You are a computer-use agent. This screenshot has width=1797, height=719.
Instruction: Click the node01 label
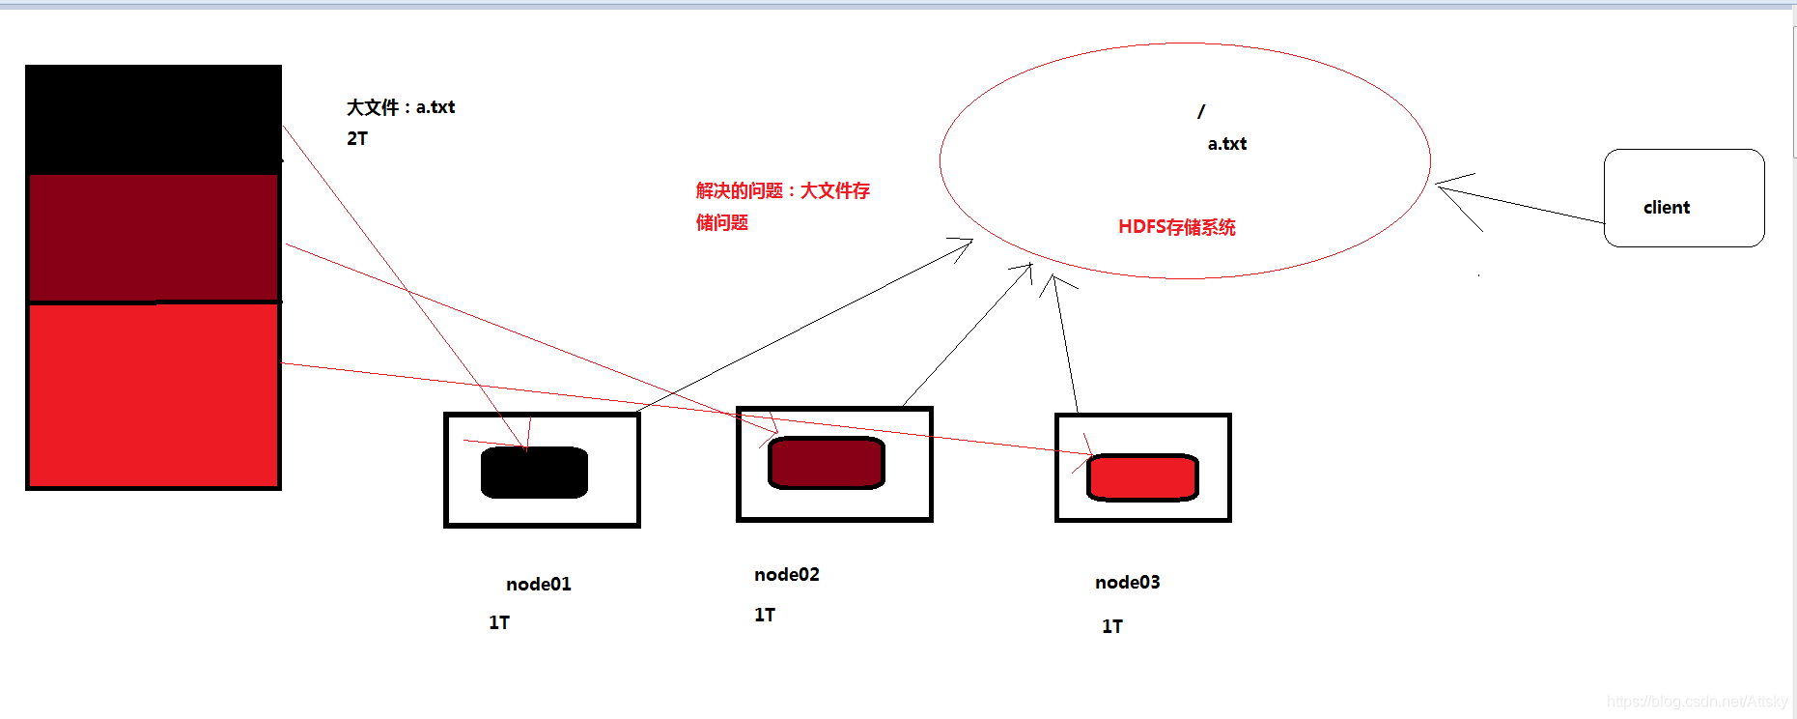point(539,584)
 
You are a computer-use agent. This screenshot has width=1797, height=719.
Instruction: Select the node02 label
point(786,574)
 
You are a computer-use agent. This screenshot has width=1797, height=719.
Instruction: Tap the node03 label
point(1127,582)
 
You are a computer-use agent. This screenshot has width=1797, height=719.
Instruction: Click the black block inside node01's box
point(534,473)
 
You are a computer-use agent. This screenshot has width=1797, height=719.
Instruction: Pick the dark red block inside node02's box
point(826,462)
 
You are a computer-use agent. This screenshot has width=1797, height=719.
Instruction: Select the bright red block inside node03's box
point(1142,476)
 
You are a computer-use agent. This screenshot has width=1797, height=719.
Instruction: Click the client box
point(1683,198)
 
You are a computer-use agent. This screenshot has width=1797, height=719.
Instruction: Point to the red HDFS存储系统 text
point(1176,227)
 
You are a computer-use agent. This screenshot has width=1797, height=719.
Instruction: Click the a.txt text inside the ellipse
point(1226,144)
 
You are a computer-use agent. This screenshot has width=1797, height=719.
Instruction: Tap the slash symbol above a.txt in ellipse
point(1201,112)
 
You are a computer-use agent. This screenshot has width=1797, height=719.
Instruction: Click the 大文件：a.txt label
point(401,107)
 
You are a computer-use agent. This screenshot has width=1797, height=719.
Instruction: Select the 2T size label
point(357,138)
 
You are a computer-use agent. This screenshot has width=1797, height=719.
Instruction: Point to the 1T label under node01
point(498,622)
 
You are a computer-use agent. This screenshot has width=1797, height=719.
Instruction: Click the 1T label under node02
point(764,615)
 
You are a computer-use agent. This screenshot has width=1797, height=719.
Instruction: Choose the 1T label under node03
point(1111,626)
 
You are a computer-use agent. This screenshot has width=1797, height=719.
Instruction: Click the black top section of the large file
point(154,119)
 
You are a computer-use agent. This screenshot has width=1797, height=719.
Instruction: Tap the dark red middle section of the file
point(154,238)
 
